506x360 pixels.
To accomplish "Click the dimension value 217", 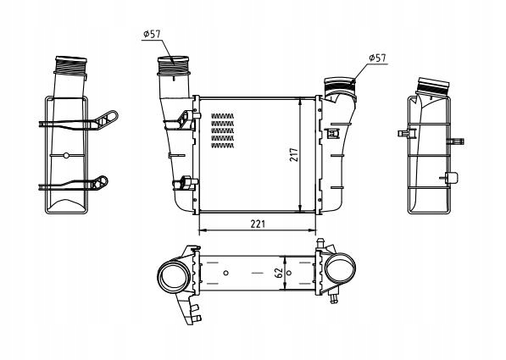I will pos(293,156).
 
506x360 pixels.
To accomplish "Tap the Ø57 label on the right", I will pos(378,58).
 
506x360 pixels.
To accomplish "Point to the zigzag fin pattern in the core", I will pos(222,131).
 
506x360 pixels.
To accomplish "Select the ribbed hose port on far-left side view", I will pos(70,65).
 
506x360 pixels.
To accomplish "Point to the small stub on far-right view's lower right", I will pos(453,177).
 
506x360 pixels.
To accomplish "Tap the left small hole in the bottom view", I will pos(227,273).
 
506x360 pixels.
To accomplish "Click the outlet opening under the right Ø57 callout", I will pos(338,85).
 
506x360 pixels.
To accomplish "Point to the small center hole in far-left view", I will pos(66,155).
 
